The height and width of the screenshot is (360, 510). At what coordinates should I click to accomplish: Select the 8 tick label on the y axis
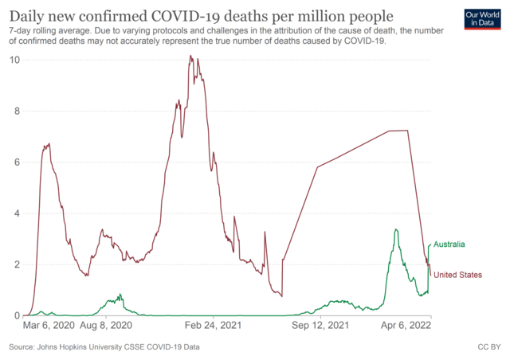[16, 111]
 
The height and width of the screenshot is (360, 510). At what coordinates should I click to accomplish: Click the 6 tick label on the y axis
[16, 162]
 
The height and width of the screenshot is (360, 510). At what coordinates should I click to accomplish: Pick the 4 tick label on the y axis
[16, 213]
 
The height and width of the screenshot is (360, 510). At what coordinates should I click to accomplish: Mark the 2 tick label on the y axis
[16, 264]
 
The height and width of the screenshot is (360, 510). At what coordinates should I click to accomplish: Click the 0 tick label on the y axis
[16, 315]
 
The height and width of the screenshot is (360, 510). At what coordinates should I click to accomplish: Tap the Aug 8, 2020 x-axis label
[104, 326]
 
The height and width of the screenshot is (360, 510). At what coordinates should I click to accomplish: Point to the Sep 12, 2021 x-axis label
[320, 326]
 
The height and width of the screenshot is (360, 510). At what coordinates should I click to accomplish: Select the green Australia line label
[449, 245]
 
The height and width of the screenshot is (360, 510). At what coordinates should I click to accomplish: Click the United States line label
[457, 275]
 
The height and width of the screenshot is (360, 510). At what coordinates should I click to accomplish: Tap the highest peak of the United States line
[190, 57]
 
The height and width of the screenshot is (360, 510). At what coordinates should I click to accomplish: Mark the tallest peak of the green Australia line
[395, 230]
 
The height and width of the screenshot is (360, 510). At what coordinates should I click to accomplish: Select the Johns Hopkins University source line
[104, 348]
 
